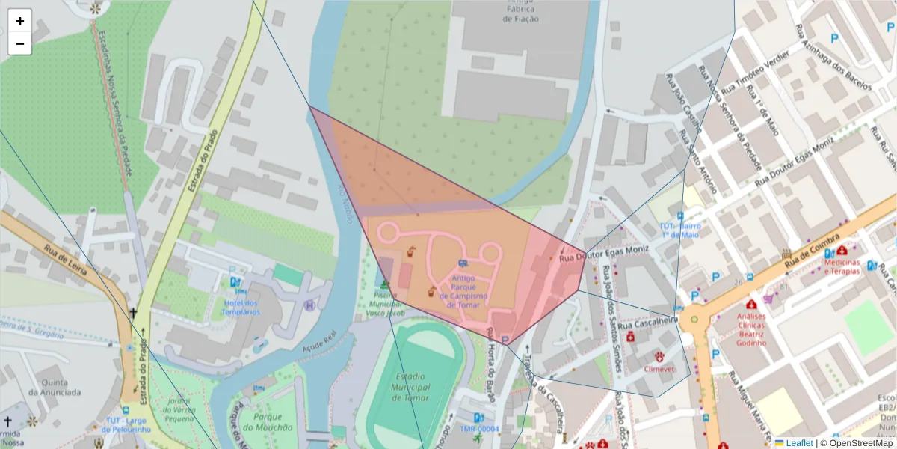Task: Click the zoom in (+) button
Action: coord(20,21)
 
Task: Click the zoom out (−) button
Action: coord(20,43)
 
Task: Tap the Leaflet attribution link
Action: coord(799,443)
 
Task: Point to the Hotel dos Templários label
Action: coord(241,306)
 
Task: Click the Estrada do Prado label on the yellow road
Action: coord(203,161)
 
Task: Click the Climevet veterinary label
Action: coord(661,369)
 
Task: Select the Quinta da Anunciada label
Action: coord(55,386)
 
